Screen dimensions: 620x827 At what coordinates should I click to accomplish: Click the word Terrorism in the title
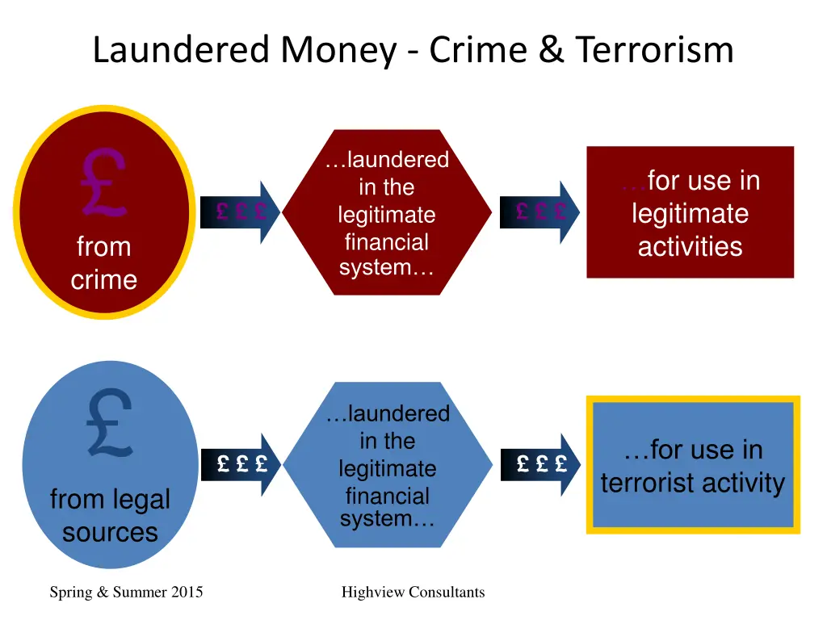654,50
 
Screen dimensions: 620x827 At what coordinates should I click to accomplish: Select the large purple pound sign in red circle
103,184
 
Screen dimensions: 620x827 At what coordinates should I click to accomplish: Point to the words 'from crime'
103,263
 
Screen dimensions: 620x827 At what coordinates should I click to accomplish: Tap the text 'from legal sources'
110,516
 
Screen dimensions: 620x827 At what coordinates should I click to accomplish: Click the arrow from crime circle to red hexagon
240,212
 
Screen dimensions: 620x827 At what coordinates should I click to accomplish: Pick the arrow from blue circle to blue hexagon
240,464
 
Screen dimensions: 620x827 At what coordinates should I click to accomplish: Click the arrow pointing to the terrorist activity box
539,464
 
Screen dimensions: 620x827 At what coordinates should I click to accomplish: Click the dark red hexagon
387,212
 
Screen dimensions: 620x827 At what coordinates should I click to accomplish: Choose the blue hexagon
387,465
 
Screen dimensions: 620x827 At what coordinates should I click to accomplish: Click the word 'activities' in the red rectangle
690,246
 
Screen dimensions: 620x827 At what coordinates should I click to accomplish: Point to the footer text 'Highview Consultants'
413,593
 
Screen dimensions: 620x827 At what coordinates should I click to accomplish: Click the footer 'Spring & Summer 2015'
126,593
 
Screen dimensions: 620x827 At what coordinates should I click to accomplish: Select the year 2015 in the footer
186,593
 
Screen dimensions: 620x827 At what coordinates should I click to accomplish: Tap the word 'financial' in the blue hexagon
387,496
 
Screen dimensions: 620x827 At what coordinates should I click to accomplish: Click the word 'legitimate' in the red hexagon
387,216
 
